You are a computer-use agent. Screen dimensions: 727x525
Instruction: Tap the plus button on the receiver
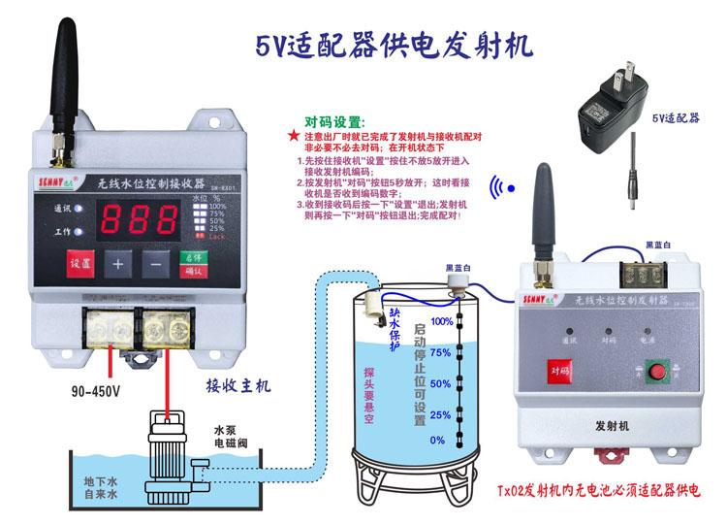[118, 262]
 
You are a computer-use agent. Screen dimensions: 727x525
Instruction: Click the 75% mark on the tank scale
[441, 352]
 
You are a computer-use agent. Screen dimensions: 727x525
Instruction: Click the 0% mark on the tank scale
[437, 441]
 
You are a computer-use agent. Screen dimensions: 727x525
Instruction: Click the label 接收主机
[238, 386]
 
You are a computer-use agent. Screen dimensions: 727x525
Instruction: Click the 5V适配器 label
[674, 118]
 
